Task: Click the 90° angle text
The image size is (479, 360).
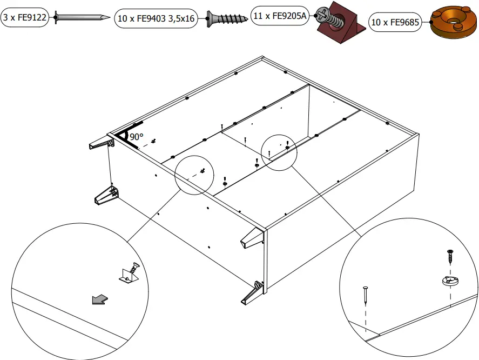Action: (136, 137)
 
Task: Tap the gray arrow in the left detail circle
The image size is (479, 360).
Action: (99, 299)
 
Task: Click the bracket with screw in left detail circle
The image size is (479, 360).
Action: (130, 272)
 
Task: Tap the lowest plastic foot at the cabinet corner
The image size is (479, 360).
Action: (252, 291)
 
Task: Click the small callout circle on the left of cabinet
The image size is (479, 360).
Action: (194, 175)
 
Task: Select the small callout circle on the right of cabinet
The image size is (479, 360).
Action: (279, 152)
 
